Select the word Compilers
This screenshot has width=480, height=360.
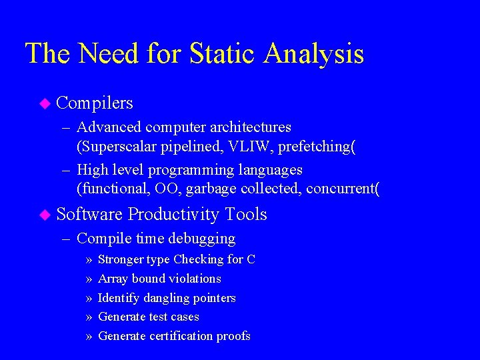pos(95,103)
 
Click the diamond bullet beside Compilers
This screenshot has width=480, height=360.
pos(45,103)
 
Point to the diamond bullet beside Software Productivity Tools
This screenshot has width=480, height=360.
pos(45,215)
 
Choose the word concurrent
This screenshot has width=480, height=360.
pos(341,189)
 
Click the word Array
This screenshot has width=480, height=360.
pos(113,279)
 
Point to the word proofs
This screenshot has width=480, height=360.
pos(233,337)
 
